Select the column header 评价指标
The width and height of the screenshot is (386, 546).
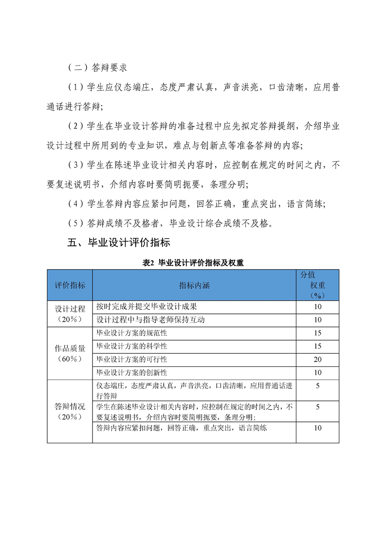click(70, 285)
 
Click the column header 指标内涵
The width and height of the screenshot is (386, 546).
click(194, 285)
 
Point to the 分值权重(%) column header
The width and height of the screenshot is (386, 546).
click(317, 285)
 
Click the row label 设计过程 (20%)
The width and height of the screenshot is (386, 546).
click(70, 314)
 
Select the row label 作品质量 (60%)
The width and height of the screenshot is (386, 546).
click(70, 353)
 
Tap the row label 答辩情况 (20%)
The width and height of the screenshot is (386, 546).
click(70, 412)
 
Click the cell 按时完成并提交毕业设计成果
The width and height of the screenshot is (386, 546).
click(147, 307)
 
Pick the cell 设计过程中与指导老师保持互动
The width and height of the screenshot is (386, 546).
click(150, 320)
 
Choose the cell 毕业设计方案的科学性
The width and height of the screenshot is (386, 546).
click(132, 346)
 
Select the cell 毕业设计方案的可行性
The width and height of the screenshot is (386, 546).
click(132, 360)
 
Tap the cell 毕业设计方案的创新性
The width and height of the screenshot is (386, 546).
click(132, 373)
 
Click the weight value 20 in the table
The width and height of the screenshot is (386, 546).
click(317, 360)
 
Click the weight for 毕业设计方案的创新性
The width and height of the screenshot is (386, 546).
click(317, 373)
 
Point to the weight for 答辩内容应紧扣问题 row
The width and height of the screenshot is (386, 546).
click(317, 428)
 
